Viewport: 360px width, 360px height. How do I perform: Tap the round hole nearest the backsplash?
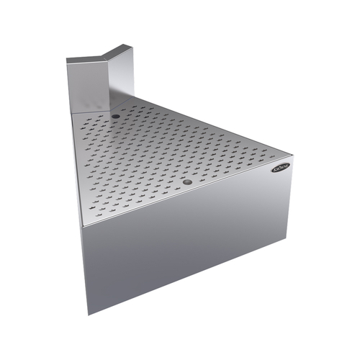point(116,115)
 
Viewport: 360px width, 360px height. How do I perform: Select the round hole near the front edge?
point(187,182)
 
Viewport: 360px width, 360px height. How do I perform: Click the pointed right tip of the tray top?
point(292,156)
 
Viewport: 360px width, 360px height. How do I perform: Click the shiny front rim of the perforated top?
point(180,195)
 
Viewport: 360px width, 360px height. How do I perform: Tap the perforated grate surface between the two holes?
point(151,148)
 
